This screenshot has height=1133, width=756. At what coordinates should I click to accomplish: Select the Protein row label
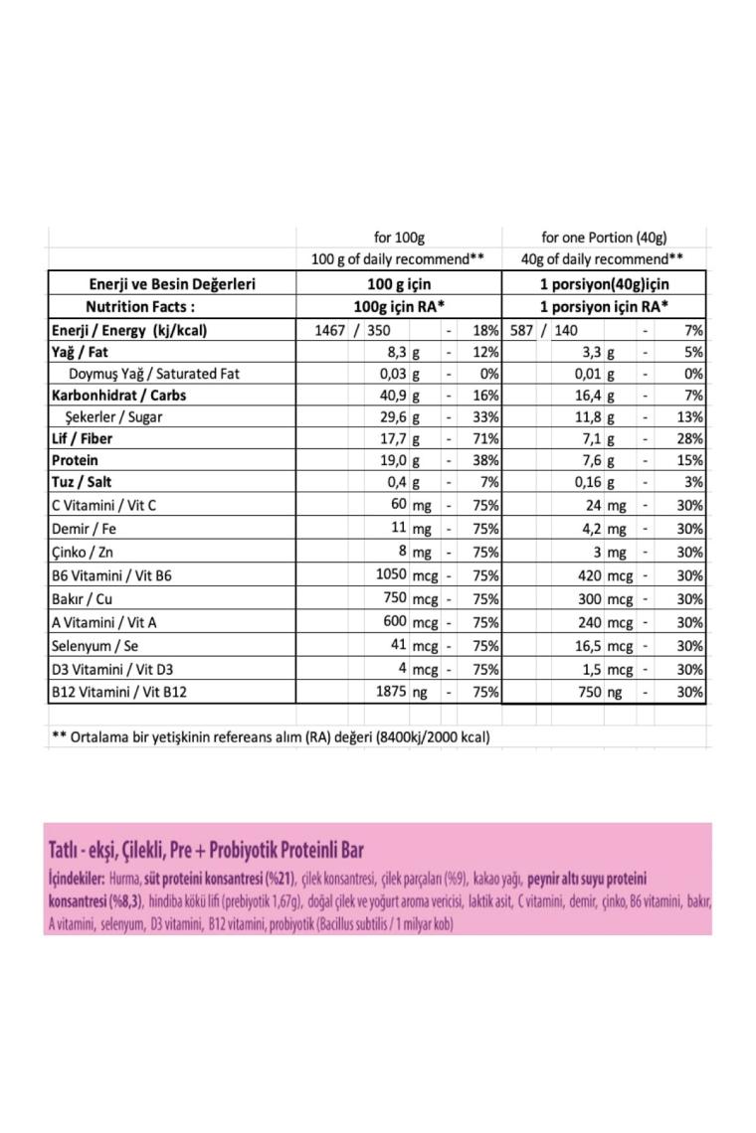(75, 461)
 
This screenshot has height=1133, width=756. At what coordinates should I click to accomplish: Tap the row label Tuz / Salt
(81, 483)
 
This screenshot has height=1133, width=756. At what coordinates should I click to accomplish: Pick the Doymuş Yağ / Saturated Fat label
(154, 375)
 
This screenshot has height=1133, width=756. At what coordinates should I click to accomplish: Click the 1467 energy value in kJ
(329, 330)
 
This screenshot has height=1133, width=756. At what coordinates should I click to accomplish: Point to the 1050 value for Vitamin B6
(388, 574)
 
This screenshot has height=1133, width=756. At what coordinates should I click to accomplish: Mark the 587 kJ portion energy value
(520, 330)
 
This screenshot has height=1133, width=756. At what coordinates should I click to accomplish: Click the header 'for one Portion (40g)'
(603, 238)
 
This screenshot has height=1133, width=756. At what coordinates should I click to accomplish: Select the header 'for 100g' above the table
(398, 238)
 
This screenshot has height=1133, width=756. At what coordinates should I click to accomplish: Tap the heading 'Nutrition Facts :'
(139, 306)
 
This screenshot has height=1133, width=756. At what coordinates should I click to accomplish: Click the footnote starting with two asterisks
(270, 737)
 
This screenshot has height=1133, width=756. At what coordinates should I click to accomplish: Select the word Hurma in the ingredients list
(123, 880)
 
